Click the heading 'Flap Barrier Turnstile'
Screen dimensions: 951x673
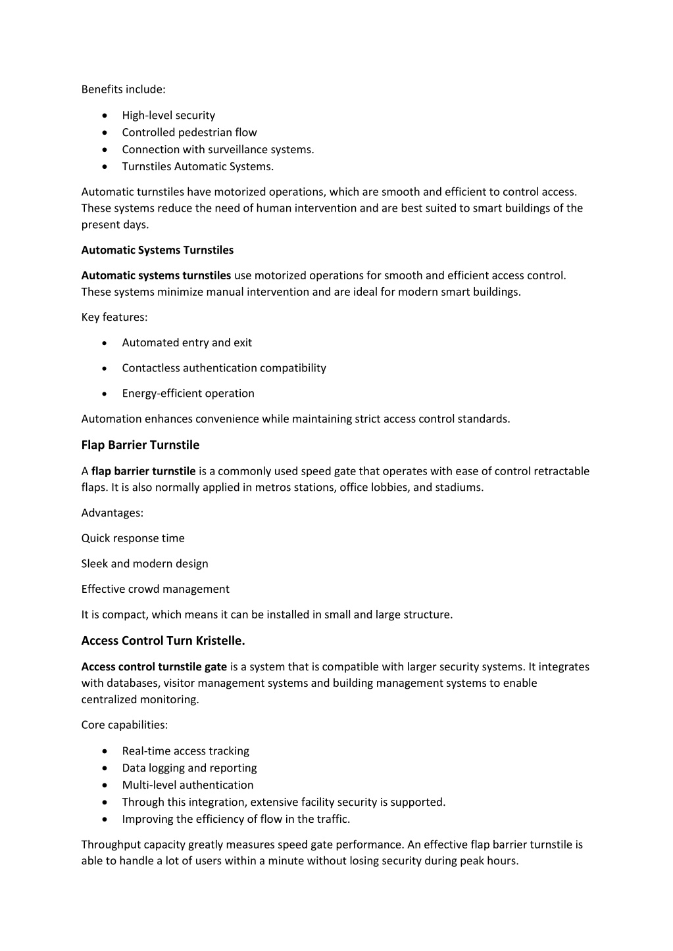[140, 445]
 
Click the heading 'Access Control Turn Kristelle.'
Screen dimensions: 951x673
[163, 640]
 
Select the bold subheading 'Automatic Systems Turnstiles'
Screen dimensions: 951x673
[157, 250]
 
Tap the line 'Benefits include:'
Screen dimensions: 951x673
[123, 89]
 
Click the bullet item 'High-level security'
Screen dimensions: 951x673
[168, 115]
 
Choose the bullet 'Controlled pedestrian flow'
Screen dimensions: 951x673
[189, 132]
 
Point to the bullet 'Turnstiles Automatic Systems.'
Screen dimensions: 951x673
[197, 166]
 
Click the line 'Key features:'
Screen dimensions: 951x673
[114, 317]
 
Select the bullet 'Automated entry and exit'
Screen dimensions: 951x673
[187, 342]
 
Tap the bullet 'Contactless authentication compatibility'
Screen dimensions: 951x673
[224, 368]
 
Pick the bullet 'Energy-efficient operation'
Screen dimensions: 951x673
[188, 393]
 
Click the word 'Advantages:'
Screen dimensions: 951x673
[112, 513]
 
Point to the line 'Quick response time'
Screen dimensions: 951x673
[133, 538]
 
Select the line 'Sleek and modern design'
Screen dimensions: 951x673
[145, 563]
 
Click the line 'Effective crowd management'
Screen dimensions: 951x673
[155, 589]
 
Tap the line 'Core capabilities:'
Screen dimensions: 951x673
[124, 725]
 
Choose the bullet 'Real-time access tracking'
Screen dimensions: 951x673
[186, 751]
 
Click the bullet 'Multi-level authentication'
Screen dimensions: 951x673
[187, 785]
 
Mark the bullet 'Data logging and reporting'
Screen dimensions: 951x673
[189, 768]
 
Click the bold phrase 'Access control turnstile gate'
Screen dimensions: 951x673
[154, 666]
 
